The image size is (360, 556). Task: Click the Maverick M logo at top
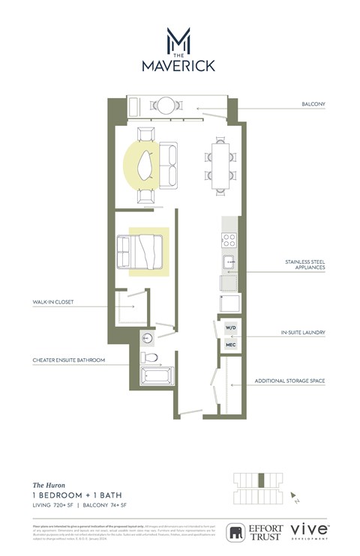coord(178,39)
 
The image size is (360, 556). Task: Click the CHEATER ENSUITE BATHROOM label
coord(68,360)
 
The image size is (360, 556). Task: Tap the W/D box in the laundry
coord(231,328)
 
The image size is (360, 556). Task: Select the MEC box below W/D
coord(231,344)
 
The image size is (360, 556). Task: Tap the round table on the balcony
coord(165,105)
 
